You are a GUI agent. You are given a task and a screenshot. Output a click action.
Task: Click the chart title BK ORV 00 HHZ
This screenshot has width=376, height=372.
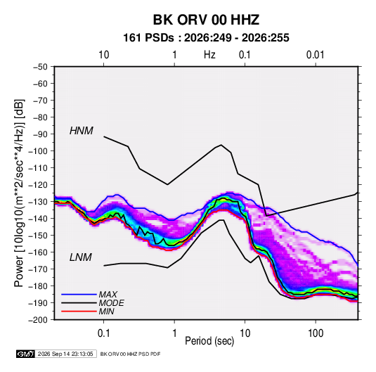[x=206, y=20]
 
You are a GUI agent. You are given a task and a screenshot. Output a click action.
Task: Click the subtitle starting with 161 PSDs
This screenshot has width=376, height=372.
[x=206, y=38]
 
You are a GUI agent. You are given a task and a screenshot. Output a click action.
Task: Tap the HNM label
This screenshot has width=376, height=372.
[x=82, y=131]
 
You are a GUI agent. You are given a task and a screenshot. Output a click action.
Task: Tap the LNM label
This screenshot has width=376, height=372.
[x=81, y=257]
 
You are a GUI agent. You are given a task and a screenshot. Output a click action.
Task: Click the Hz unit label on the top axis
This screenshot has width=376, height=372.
[x=209, y=55]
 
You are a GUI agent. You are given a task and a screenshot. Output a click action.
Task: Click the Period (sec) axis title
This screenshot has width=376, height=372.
[x=209, y=341]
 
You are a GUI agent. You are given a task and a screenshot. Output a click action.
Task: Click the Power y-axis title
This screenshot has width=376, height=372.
[x=19, y=193]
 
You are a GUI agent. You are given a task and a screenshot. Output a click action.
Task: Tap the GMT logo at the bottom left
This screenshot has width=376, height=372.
[x=25, y=354]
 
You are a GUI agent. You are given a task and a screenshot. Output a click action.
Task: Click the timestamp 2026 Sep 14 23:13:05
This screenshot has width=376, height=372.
[x=65, y=354]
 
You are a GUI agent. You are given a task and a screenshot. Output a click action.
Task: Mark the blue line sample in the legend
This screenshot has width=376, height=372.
[x=79, y=295]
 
